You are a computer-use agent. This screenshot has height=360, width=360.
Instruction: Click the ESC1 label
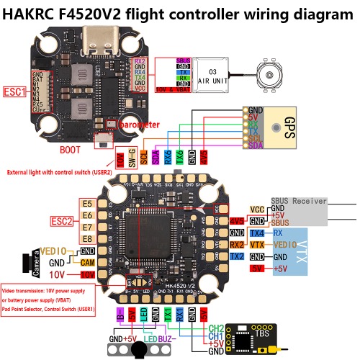point(14,92)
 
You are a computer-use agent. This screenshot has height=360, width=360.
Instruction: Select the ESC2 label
point(61,221)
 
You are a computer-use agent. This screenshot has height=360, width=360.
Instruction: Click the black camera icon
point(31,261)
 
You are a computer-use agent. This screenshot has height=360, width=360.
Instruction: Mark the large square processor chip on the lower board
point(152,237)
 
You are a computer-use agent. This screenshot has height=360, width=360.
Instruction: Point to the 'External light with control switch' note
point(58,173)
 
